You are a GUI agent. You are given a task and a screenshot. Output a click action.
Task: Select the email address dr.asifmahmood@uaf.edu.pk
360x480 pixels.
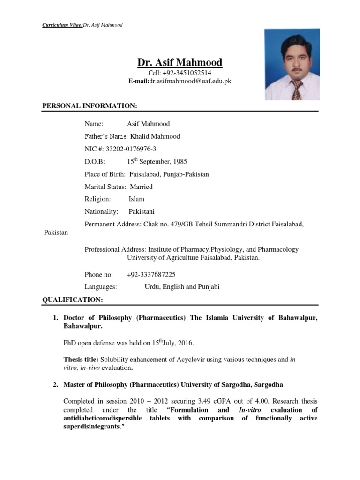click(x=190, y=81)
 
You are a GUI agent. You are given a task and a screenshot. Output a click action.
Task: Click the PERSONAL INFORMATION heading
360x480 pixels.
click(x=90, y=106)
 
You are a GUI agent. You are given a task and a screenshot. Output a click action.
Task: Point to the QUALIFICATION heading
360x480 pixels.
click(x=72, y=299)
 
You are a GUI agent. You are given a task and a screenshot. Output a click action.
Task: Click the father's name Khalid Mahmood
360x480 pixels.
click(x=151, y=136)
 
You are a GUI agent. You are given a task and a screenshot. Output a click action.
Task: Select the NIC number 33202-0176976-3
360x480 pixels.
click(x=131, y=149)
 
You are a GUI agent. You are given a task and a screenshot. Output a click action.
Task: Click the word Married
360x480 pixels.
click(x=141, y=187)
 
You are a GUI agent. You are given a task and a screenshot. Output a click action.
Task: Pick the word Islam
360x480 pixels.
click(x=136, y=199)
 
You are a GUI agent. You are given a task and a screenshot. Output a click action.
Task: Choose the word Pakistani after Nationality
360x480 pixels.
click(x=142, y=212)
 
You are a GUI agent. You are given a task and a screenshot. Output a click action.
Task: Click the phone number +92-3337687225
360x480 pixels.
click(x=151, y=275)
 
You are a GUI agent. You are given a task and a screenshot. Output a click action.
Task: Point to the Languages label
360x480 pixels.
click(x=101, y=287)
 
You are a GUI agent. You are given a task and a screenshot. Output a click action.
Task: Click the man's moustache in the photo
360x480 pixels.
click(x=296, y=70)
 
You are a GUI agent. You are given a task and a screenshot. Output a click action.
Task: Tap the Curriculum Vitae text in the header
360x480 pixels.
click(x=62, y=25)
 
